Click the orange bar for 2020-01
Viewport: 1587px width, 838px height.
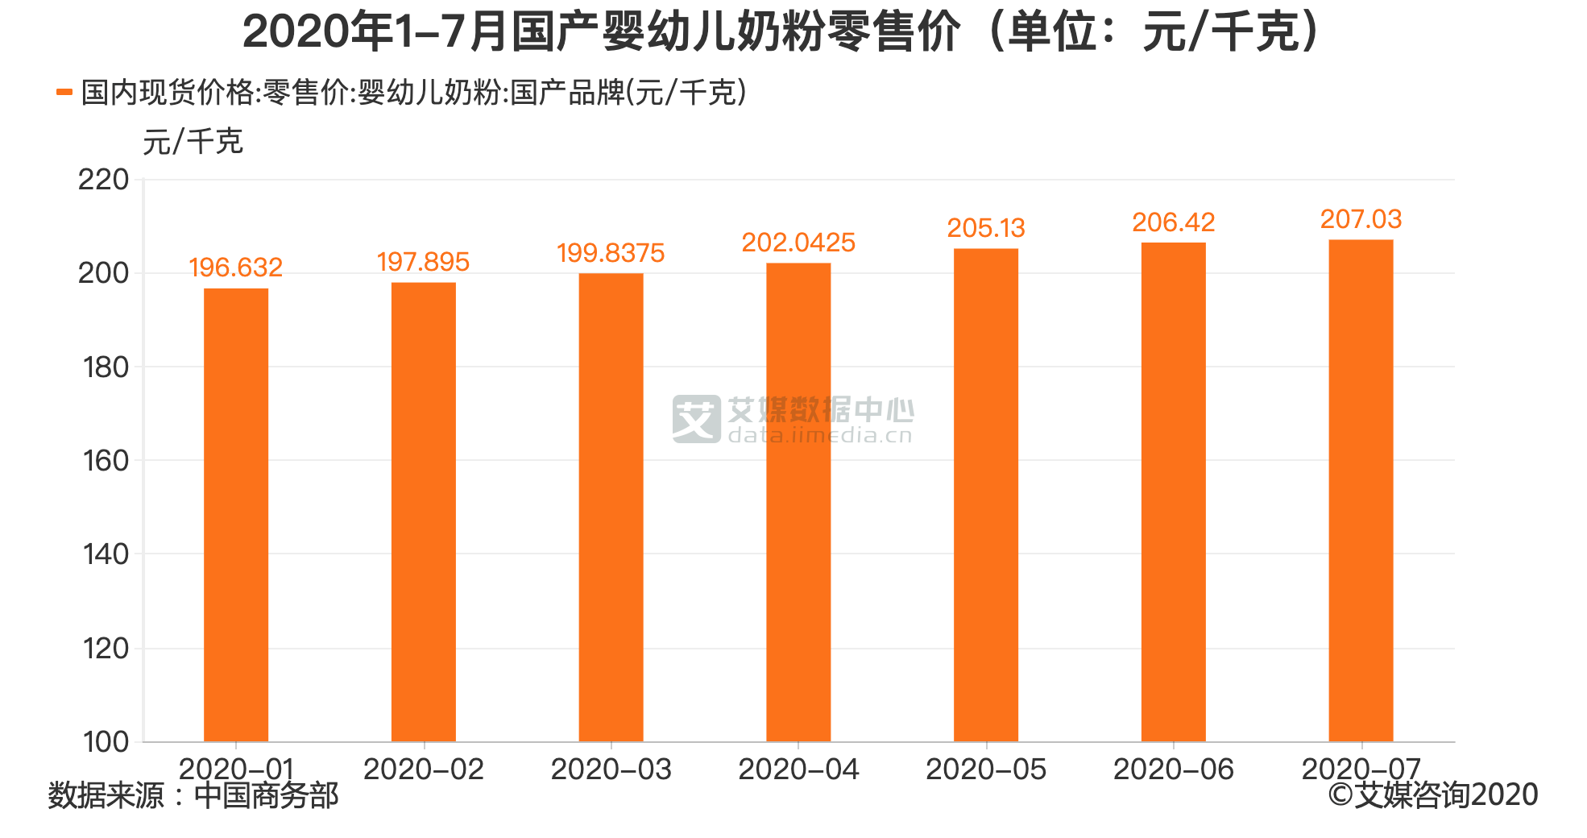(236, 516)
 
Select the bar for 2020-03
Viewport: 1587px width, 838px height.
(611, 508)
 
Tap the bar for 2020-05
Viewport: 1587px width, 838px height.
(986, 496)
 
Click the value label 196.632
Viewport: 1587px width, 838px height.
(235, 268)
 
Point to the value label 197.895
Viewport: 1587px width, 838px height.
(423, 262)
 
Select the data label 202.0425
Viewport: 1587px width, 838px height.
(798, 243)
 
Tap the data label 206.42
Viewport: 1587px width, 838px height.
(1173, 222)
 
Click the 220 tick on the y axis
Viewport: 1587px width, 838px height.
(103, 180)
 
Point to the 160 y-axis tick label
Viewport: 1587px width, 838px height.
(106, 461)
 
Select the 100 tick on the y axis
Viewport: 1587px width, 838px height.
(106, 742)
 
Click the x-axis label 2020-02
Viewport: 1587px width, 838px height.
(423, 770)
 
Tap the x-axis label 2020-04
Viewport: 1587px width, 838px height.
(798, 770)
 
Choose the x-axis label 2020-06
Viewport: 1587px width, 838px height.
(1173, 770)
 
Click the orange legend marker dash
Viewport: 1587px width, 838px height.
(64, 93)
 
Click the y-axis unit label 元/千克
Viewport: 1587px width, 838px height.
(193, 142)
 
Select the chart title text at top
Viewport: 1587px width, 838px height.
(781, 32)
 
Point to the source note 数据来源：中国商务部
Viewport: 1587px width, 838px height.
(193, 796)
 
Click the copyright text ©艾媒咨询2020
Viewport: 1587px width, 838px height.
(1433, 795)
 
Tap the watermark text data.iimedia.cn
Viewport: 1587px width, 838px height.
(820, 436)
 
